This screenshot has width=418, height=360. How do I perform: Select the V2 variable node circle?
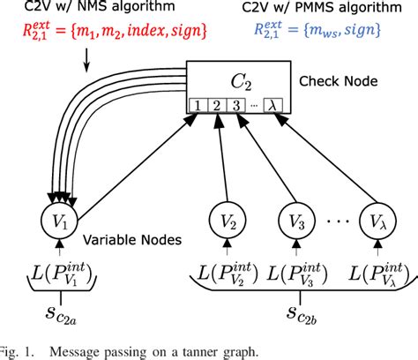pyautogui.click(x=224, y=216)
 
